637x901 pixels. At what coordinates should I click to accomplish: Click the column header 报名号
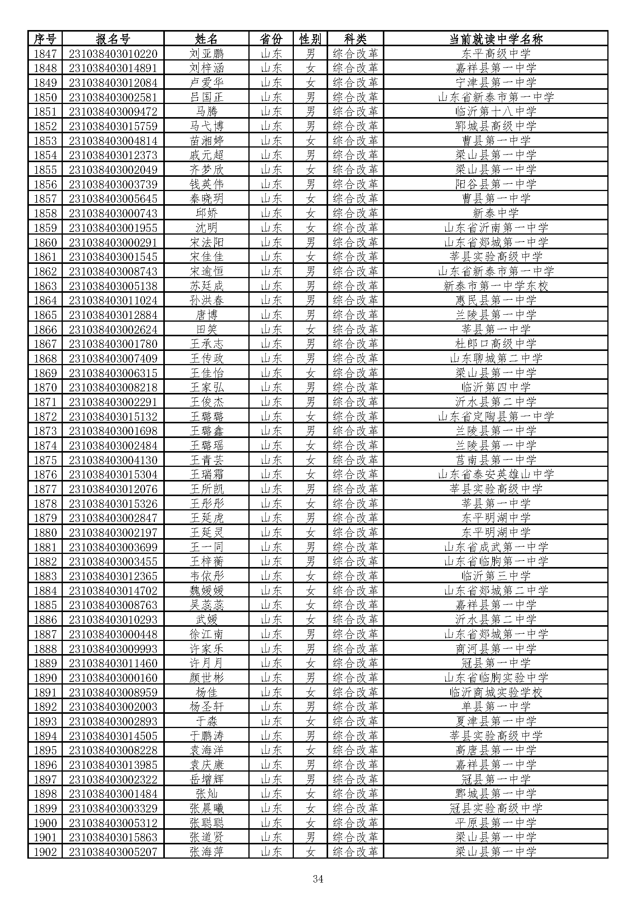[x=112, y=39]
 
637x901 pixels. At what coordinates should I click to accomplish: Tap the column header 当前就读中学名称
[x=495, y=39]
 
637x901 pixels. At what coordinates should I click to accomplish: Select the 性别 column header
[x=310, y=39]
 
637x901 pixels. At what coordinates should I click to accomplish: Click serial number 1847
[x=45, y=54]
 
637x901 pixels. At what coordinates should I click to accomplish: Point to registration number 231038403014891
[x=113, y=68]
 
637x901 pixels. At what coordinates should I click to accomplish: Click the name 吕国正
[x=206, y=97]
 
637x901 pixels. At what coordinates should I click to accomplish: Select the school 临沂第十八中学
[x=495, y=111]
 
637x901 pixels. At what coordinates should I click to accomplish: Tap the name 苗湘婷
[x=206, y=141]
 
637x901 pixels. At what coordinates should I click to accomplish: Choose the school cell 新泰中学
[x=495, y=213]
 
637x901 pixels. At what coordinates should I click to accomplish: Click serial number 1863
[x=45, y=286]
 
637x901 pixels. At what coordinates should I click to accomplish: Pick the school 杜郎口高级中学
[x=495, y=344]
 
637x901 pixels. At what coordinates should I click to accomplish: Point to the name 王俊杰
[x=206, y=402]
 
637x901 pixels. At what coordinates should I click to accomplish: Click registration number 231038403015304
[x=113, y=475]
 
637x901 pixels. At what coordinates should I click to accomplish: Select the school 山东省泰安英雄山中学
[x=495, y=475]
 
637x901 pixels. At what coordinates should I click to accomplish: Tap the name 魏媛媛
[x=206, y=591]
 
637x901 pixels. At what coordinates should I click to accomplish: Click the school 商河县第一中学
[x=495, y=649]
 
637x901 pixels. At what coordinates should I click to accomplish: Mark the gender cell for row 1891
[x=310, y=692]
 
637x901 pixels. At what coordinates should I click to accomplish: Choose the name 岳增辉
[x=206, y=779]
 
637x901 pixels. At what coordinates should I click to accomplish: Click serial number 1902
[x=45, y=852]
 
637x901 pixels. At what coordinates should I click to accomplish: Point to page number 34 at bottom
[x=318, y=879]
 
